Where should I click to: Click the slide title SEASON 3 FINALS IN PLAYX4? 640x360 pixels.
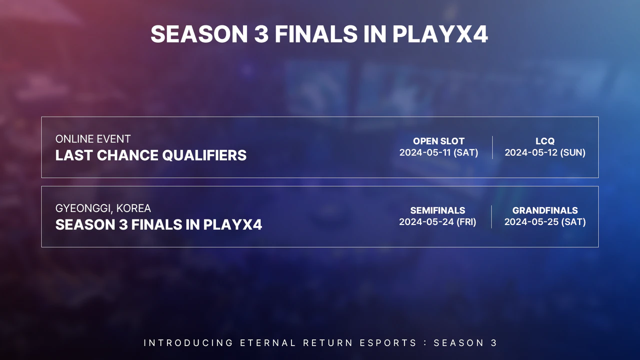pyautogui.click(x=319, y=34)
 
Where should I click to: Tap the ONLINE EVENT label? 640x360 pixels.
pyautogui.click(x=93, y=139)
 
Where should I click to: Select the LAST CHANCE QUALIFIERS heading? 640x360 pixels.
pyautogui.click(x=150, y=155)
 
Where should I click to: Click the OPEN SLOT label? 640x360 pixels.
pyautogui.click(x=438, y=141)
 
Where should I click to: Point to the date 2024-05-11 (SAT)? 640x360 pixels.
pyautogui.click(x=438, y=153)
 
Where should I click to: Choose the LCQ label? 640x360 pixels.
pyautogui.click(x=544, y=141)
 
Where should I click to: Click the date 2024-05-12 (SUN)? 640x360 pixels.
pyautogui.click(x=544, y=153)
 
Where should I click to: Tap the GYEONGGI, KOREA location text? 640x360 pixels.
pyautogui.click(x=103, y=208)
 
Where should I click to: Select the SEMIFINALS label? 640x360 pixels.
pyautogui.click(x=437, y=210)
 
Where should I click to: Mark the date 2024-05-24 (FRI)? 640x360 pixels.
pyautogui.click(x=437, y=222)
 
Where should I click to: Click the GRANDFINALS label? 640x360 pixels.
pyautogui.click(x=544, y=210)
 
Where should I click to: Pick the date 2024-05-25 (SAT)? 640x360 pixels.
pyautogui.click(x=544, y=222)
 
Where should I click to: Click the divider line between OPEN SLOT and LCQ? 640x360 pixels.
pyautogui.click(x=492, y=147)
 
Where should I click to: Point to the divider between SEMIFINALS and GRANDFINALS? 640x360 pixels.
pyautogui.click(x=491, y=216)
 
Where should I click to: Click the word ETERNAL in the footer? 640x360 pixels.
pyautogui.click(x=267, y=343)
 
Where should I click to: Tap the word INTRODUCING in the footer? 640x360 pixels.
pyautogui.click(x=188, y=343)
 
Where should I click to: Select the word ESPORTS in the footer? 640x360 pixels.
pyautogui.click(x=388, y=343)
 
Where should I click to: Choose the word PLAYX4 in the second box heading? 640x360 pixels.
pyautogui.click(x=232, y=224)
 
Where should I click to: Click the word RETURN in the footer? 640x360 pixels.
pyautogui.click(x=327, y=343)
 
